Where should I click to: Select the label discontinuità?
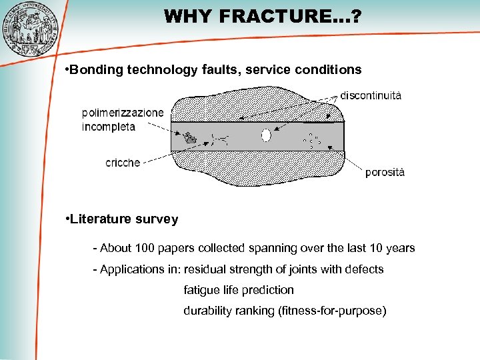pyautogui.click(x=371, y=95)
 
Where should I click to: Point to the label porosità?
pyautogui.click(x=385, y=172)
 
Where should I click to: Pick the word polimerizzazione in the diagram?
pyautogui.click(x=122, y=113)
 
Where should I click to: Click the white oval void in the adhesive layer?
pyautogui.click(x=266, y=135)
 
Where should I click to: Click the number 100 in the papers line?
pyautogui.click(x=145, y=248)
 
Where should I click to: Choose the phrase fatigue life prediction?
pyautogui.click(x=239, y=290)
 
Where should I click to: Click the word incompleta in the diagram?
pyautogui.click(x=108, y=126)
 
